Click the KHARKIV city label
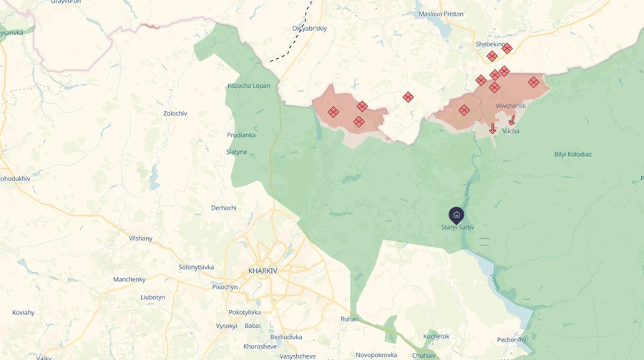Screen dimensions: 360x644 [263, 271]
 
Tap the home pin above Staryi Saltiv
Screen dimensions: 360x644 [457, 215]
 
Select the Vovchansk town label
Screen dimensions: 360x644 [510, 106]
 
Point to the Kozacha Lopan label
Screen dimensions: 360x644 [249, 86]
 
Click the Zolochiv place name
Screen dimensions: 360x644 [175, 114]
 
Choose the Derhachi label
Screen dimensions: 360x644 [224, 208]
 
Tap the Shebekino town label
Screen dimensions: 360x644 [490, 44]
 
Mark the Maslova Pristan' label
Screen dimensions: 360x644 [441, 14]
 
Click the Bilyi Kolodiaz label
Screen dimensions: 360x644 [572, 154]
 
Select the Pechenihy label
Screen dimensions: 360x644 [512, 340]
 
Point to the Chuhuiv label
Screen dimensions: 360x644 [424, 355]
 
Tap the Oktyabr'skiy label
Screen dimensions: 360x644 [309, 29]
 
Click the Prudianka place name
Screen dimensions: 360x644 [241, 135]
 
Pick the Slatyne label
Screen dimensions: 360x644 [236, 152]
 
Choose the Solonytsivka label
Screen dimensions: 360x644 [196, 267]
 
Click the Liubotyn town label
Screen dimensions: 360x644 [152, 297]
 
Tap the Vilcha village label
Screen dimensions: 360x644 [510, 131]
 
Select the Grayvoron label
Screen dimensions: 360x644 [66, 2]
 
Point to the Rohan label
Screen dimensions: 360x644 [349, 319]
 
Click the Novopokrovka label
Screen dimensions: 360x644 [376, 355]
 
